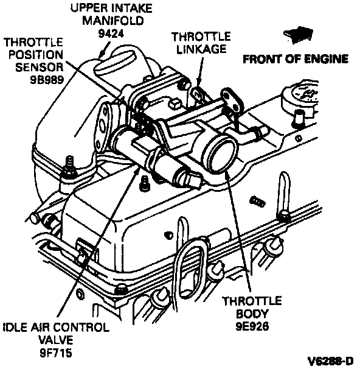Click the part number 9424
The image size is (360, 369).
(x=111, y=33)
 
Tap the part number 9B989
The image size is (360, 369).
(x=47, y=80)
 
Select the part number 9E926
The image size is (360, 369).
(x=252, y=326)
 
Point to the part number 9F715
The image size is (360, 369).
(x=56, y=353)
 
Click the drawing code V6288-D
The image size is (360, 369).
(x=331, y=360)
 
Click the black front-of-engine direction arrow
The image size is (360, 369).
(x=299, y=35)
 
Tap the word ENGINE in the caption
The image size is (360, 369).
(x=326, y=59)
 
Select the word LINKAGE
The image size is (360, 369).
(x=201, y=49)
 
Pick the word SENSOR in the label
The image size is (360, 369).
(x=40, y=68)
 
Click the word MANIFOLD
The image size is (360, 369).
(x=112, y=21)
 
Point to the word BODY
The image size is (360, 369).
(x=252, y=314)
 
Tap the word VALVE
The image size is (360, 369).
(x=56, y=340)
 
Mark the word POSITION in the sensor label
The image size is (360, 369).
(x=36, y=55)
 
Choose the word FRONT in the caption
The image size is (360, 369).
(x=263, y=59)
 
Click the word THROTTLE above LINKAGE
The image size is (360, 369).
(x=201, y=37)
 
